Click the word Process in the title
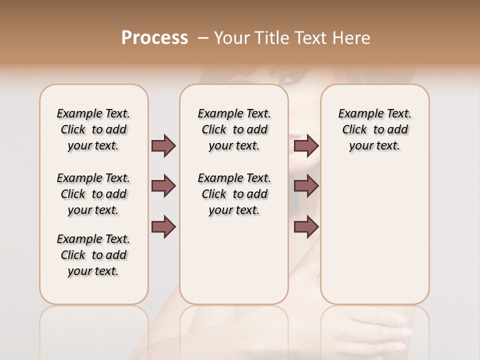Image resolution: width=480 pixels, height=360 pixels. pyautogui.click(x=154, y=38)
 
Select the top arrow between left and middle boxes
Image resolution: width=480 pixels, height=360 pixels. pyautogui.click(x=163, y=145)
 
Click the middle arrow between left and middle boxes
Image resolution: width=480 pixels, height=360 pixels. pyautogui.click(x=163, y=186)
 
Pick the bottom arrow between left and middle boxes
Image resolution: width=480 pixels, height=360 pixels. pyautogui.click(x=163, y=227)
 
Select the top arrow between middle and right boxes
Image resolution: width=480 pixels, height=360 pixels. pyautogui.click(x=306, y=145)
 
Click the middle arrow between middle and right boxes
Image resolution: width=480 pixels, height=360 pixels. pyautogui.click(x=306, y=186)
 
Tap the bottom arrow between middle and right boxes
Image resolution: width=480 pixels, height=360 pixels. pyautogui.click(x=306, y=227)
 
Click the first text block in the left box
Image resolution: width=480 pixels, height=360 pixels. pyautogui.click(x=93, y=129)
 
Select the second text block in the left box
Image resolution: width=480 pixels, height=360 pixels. pyautogui.click(x=93, y=194)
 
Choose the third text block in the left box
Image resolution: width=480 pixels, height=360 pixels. pyautogui.click(x=93, y=255)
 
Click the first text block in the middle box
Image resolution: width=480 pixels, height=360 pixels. pyautogui.click(x=234, y=129)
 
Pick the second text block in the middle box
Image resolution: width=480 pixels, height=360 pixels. pyautogui.click(x=234, y=194)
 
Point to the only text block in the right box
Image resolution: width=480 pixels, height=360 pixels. pyautogui.click(x=374, y=129)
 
